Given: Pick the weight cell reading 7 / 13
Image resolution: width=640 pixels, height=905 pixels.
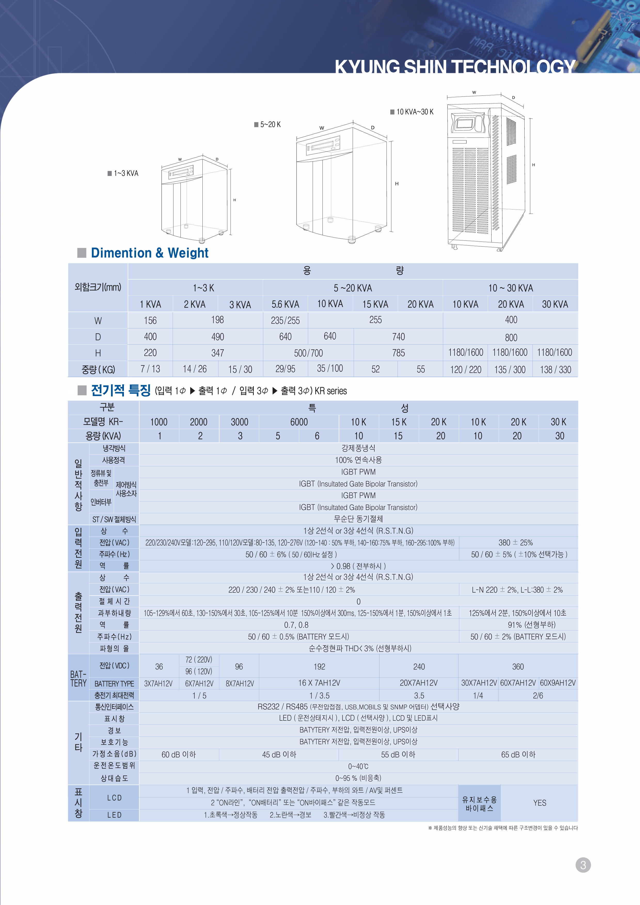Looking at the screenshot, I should [x=150, y=369].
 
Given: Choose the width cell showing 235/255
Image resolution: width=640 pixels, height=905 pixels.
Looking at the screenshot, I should [x=285, y=320].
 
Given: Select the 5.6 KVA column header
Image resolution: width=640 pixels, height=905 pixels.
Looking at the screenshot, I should [x=285, y=304].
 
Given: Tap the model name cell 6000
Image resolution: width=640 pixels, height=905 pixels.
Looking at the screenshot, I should [x=299, y=422].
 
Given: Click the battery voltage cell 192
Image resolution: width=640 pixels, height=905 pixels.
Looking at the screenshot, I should [x=319, y=667].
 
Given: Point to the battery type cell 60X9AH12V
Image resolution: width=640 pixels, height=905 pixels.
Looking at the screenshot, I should [x=558, y=683].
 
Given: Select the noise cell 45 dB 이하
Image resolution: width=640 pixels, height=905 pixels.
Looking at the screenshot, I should [x=279, y=754].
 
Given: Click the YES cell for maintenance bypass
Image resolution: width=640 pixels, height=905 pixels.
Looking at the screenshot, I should [x=540, y=803].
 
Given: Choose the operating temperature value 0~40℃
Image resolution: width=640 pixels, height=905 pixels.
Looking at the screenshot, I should [x=358, y=766].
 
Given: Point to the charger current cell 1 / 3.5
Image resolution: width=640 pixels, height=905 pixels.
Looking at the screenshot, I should [x=319, y=696].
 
